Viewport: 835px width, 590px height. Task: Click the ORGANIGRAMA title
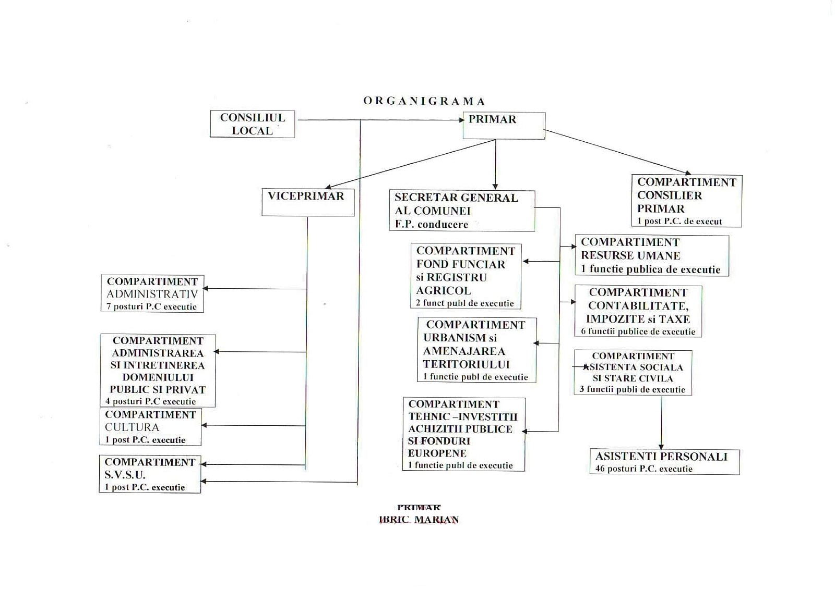click(424, 101)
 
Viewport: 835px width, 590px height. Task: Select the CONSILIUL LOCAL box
click(252, 124)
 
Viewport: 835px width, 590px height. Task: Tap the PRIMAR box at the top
click(503, 126)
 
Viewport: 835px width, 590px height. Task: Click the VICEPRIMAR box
click(307, 202)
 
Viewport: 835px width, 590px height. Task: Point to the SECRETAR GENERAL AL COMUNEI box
click(461, 211)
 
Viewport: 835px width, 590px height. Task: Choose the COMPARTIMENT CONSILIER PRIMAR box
click(686, 201)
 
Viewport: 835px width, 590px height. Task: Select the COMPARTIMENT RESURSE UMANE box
click(651, 255)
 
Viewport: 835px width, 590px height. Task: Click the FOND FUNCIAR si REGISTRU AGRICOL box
click(466, 276)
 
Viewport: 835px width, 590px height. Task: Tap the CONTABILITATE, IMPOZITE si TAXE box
click(638, 311)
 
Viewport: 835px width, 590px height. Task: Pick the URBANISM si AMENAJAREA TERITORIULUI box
click(476, 350)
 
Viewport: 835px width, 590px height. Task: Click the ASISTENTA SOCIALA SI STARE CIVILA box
click(633, 372)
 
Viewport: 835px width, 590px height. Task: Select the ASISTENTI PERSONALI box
click(664, 462)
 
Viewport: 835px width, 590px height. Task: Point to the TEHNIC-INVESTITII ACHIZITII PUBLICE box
click(463, 434)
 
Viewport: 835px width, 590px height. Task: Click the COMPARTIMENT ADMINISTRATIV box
click(152, 293)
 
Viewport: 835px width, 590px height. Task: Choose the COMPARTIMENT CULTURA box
click(150, 427)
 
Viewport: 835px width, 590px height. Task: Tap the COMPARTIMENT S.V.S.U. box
click(150, 474)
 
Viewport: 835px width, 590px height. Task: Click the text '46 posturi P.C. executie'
click(643, 469)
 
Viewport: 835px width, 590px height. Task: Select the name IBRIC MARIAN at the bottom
click(419, 520)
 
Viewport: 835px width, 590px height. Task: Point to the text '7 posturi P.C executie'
click(151, 306)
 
